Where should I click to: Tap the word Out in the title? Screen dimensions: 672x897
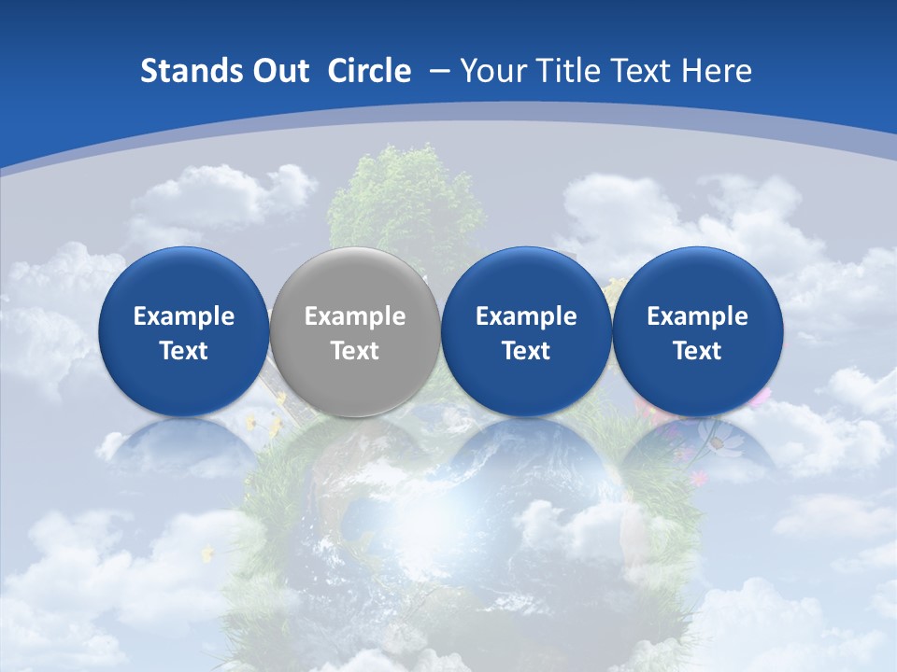(278, 71)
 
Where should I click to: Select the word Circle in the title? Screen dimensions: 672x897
(369, 71)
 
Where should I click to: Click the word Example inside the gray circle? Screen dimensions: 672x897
(354, 316)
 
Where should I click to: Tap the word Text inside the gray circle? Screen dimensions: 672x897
(354, 351)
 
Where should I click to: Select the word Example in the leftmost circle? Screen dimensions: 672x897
(183, 316)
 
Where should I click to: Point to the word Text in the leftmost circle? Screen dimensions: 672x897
(183, 351)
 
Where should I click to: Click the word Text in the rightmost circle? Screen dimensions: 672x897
(697, 351)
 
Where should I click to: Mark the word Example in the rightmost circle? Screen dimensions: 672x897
(697, 316)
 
